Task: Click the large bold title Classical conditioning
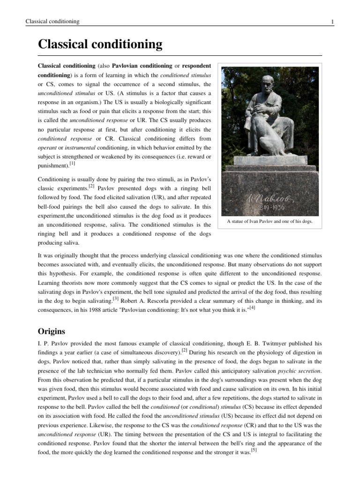[100, 45]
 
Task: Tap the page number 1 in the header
[332, 22]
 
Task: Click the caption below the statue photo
[270, 221]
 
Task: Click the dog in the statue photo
[256, 136]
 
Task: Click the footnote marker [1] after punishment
[72, 163]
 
